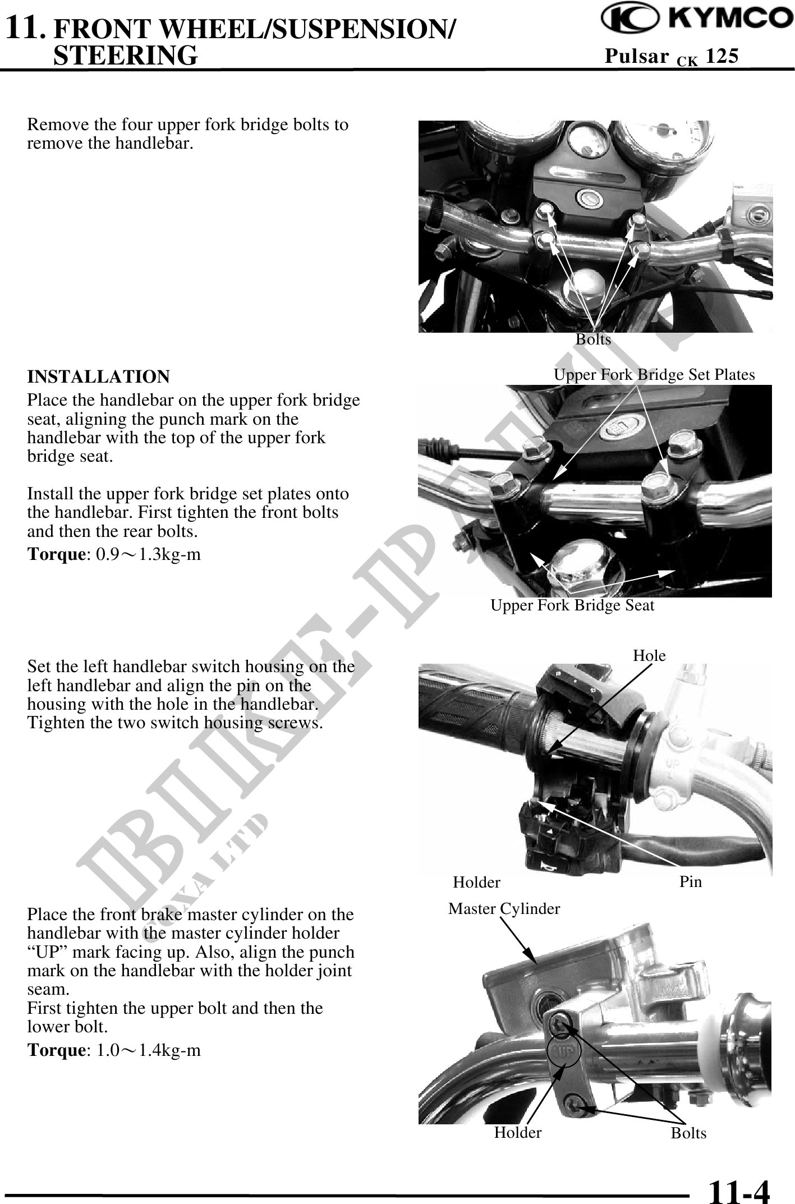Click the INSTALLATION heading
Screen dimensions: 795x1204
point(99,376)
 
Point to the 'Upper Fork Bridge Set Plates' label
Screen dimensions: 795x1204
point(654,375)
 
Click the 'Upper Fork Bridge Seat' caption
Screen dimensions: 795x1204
point(572,605)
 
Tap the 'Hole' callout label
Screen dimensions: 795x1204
point(649,655)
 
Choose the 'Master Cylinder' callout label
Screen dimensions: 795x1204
point(504,908)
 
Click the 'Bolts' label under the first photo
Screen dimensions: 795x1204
point(593,339)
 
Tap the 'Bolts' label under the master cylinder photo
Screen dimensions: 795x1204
point(688,1133)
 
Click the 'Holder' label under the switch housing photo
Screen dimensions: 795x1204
point(476,883)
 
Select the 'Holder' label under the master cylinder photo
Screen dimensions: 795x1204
point(518,1132)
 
